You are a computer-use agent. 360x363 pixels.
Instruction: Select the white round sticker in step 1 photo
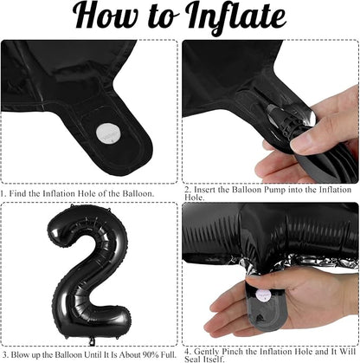[x=108, y=133]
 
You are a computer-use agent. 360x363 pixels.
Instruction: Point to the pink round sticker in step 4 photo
[x=264, y=296]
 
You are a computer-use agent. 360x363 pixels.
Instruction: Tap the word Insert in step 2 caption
[x=204, y=190]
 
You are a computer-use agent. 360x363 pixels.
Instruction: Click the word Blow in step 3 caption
[x=20, y=354]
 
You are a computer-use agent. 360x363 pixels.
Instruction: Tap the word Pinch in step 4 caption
[x=232, y=352]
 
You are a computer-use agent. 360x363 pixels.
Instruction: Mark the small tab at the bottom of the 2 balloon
[x=92, y=341]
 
